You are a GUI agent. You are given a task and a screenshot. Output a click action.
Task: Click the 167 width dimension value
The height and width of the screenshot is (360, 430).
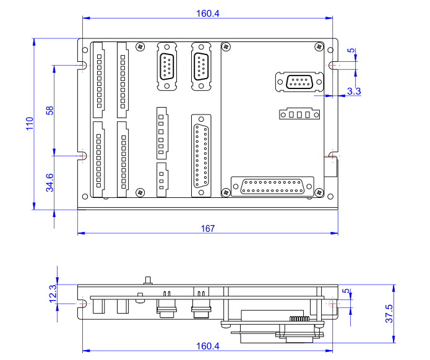point(207,228)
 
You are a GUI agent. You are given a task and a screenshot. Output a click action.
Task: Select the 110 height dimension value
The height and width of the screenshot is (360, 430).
point(28,124)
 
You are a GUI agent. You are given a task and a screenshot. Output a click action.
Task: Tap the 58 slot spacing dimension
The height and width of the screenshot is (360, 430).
point(50,109)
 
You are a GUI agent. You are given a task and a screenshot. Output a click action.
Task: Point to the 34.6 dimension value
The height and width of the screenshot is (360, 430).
point(50,183)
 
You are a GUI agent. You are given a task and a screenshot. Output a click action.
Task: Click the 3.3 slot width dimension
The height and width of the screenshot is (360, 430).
point(354,91)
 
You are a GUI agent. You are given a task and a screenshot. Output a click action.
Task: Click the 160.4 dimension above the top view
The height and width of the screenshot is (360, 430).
point(207,14)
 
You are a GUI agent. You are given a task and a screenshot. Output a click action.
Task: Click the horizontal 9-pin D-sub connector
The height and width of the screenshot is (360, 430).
point(299,82)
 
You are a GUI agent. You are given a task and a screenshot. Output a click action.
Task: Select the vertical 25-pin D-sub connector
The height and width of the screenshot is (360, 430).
point(201,155)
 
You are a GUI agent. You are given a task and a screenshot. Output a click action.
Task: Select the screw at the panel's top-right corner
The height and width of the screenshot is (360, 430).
point(319,47)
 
